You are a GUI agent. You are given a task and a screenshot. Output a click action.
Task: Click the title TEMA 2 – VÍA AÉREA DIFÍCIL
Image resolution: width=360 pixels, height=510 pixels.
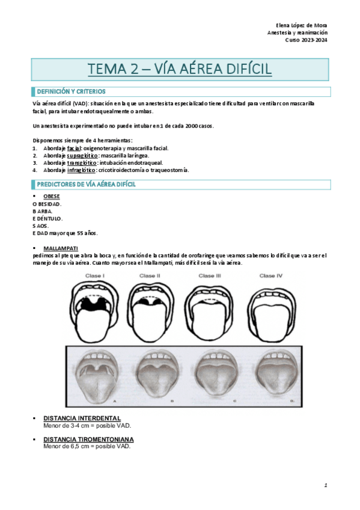(x=180, y=70)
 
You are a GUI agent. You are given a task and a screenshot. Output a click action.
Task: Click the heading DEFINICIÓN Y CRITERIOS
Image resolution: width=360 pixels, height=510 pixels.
(x=71, y=91)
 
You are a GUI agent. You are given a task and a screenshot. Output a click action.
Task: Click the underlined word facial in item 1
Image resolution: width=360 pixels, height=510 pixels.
(x=74, y=148)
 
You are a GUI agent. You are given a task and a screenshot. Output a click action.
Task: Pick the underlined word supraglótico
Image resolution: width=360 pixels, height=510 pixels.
(x=82, y=155)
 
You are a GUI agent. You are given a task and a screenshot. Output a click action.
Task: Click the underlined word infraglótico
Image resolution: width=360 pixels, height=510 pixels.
(x=81, y=170)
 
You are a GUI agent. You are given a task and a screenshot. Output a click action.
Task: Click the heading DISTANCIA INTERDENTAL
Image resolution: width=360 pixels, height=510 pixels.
(x=82, y=418)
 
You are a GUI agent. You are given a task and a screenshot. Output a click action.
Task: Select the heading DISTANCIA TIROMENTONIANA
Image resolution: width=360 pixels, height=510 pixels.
(x=88, y=440)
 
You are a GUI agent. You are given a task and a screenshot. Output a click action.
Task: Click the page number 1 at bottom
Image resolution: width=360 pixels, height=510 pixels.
(x=325, y=485)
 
